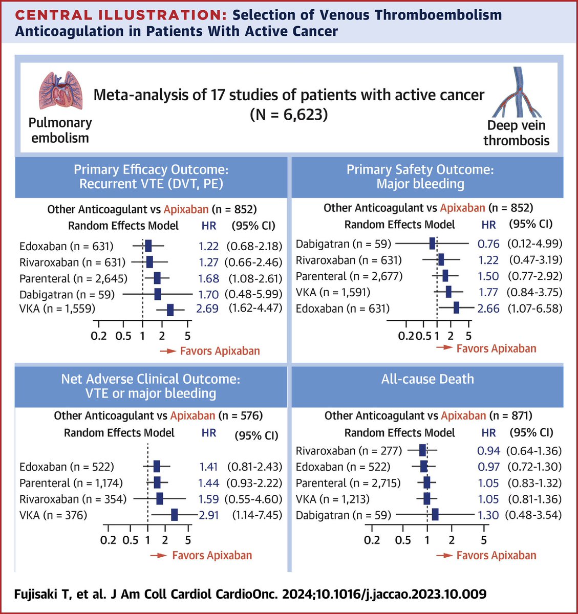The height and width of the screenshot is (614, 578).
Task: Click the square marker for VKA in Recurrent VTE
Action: click(x=170, y=310)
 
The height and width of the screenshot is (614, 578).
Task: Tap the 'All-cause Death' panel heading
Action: click(x=427, y=379)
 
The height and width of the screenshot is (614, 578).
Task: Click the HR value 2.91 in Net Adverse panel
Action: click(x=209, y=515)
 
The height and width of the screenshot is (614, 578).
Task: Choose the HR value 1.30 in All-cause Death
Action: click(x=488, y=515)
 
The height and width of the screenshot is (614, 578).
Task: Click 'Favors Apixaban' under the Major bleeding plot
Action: click(x=496, y=349)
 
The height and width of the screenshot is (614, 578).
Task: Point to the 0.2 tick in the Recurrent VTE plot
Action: click(x=98, y=336)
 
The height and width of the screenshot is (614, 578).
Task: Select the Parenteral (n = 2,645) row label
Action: click(x=74, y=279)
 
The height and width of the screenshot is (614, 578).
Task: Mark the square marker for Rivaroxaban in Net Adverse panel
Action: click(x=160, y=499)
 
